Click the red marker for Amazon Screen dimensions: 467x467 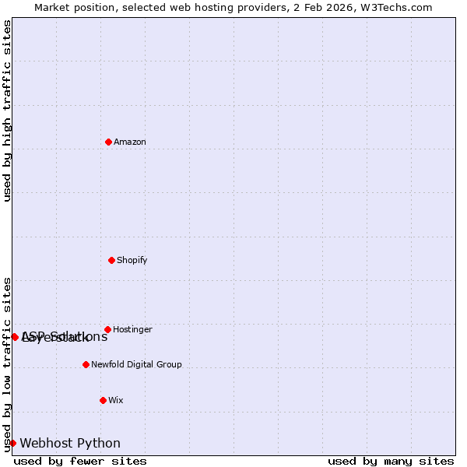pos(108,142)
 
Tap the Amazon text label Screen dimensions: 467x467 pos(130,142)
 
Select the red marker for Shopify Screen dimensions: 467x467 pos(111,260)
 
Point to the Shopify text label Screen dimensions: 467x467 pos(132,260)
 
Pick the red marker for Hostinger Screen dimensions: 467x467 pos(107,329)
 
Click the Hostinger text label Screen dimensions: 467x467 pos(132,329)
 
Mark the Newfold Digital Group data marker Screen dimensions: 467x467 pos(86,364)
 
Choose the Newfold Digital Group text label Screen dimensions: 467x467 pos(136,364)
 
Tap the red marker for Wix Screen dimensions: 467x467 pos(103,400)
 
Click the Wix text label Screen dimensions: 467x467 pos(116,400)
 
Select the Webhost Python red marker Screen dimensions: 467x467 pos(12,443)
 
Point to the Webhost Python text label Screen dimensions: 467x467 pos(70,444)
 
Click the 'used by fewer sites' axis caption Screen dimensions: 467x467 pos(80,462)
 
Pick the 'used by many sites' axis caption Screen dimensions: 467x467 pos(391,462)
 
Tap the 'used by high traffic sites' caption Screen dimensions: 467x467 pos(7,111)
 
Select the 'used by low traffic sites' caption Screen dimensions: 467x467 pos(7,364)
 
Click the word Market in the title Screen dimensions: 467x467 pos(51,7)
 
